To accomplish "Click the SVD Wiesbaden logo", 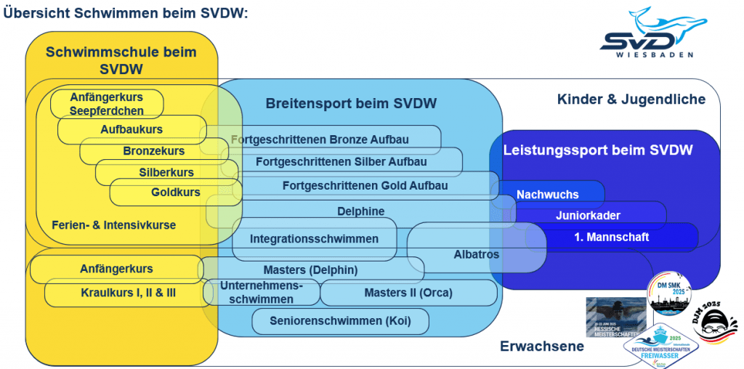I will coord(651,33).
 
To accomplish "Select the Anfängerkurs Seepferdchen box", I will coord(107,104).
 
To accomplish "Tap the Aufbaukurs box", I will coord(132,129).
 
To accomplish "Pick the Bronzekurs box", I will coord(153,151).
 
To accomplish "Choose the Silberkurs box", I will coord(166,172).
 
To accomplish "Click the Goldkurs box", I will coord(176,192).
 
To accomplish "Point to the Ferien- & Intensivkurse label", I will coord(113,224).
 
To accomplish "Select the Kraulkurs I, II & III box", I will coord(128,293).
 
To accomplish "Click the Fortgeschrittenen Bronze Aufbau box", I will coord(320,139).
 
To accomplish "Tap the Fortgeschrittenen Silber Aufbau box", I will coord(331,161).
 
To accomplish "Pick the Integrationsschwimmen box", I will coord(314,238).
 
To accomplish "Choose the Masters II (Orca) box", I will coord(408,293).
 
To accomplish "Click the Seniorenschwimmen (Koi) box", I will coord(339,320).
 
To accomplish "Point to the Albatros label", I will coord(476,254).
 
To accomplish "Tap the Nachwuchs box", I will coord(548,194).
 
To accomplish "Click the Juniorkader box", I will coord(588,215).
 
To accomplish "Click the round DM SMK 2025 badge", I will coord(668,293).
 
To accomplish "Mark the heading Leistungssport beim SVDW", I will coord(597,150).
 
